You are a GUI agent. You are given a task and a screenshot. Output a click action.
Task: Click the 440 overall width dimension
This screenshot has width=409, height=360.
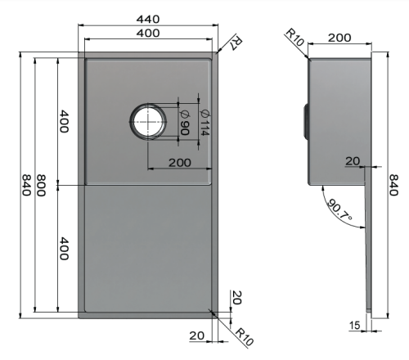pos(148,20)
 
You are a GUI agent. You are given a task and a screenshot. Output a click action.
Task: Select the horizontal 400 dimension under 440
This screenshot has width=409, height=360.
pos(148,34)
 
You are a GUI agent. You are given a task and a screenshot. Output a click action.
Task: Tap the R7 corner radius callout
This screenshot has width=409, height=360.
pos(236,43)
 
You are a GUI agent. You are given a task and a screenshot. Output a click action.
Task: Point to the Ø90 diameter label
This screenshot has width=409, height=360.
pos(185,123)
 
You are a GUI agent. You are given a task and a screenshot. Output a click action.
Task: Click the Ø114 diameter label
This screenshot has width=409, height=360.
pos(204,123)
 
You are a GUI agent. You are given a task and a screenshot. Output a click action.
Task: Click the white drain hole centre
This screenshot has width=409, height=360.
pos(148,122)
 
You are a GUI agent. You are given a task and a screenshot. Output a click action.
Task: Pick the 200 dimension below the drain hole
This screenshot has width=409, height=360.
pos(180,163)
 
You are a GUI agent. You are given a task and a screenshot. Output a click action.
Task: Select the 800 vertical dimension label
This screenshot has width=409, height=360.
pos(41,186)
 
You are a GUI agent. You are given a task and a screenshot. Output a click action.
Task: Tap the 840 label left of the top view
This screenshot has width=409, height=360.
pos(26,185)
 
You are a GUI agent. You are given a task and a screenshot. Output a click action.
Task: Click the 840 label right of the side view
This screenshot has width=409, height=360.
pos(393,185)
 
